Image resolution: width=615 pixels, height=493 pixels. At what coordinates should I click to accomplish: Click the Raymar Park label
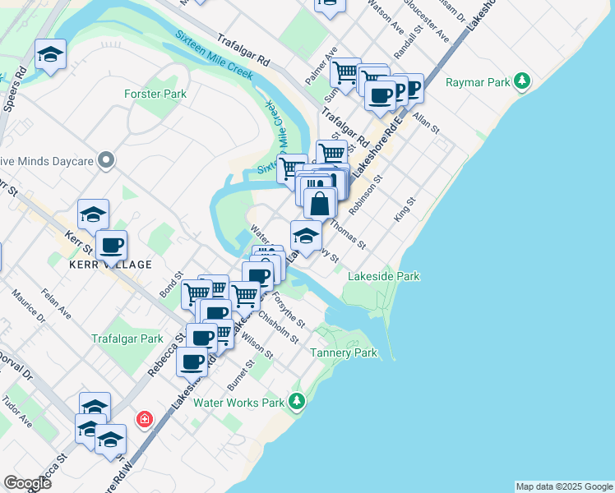[478, 82]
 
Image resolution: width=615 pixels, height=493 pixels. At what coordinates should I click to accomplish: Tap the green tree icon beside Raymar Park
[521, 81]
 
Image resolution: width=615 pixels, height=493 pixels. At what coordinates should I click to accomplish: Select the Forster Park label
[155, 94]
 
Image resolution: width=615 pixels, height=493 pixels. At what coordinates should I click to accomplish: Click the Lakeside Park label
[385, 276]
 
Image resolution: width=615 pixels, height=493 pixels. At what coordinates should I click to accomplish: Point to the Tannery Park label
[344, 352]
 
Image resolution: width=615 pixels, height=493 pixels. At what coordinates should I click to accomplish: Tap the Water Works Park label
[238, 403]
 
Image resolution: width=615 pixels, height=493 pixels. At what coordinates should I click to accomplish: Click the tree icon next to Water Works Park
[297, 402]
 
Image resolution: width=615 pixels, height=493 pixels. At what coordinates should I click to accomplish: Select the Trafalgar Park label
[127, 339]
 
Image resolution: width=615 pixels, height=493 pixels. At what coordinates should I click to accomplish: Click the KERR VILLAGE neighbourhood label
[111, 265]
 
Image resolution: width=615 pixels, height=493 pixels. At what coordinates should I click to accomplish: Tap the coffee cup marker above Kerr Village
[111, 244]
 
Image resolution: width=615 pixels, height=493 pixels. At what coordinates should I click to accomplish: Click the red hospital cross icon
[146, 420]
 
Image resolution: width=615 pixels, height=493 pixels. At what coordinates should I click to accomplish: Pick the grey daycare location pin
[106, 159]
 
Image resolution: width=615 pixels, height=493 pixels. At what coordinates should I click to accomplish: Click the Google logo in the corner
[27, 483]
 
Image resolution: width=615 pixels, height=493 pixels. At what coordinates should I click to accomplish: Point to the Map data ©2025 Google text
[564, 486]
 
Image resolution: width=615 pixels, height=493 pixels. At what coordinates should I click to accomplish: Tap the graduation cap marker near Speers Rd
[51, 55]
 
